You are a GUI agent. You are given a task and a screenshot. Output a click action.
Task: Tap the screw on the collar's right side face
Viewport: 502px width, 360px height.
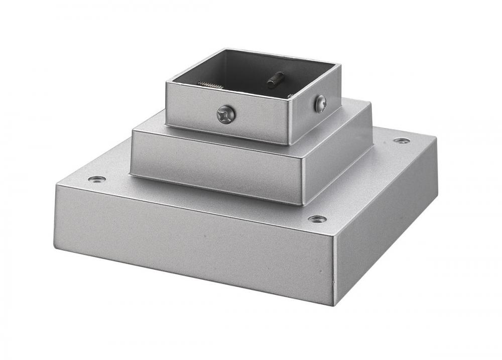(320, 104)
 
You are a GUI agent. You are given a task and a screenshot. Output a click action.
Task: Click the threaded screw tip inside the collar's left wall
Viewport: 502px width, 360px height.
(210, 84)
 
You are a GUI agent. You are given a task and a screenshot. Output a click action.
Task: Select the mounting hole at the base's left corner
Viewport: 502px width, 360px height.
(96, 179)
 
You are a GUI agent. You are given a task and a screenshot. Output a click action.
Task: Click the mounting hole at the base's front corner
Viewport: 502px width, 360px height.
(317, 219)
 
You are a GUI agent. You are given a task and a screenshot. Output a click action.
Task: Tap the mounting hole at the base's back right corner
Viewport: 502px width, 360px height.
(401, 141)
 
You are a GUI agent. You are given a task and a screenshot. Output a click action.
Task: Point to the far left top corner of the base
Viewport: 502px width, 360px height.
(56, 185)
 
